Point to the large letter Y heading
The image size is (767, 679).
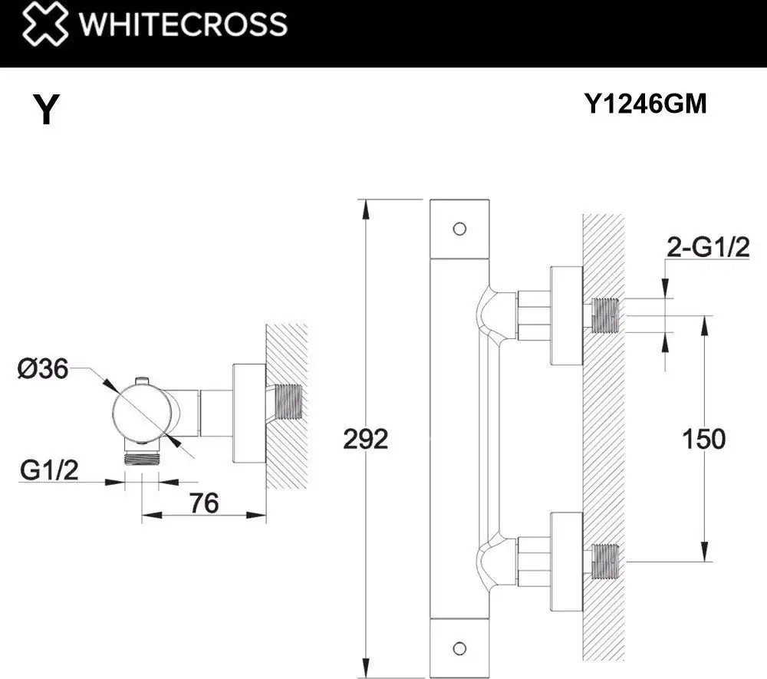47,110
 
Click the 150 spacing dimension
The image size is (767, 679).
703,439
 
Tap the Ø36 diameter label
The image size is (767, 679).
42,369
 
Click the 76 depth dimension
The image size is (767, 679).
204,503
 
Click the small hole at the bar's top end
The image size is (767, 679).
459,228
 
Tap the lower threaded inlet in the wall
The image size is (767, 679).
606,560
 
